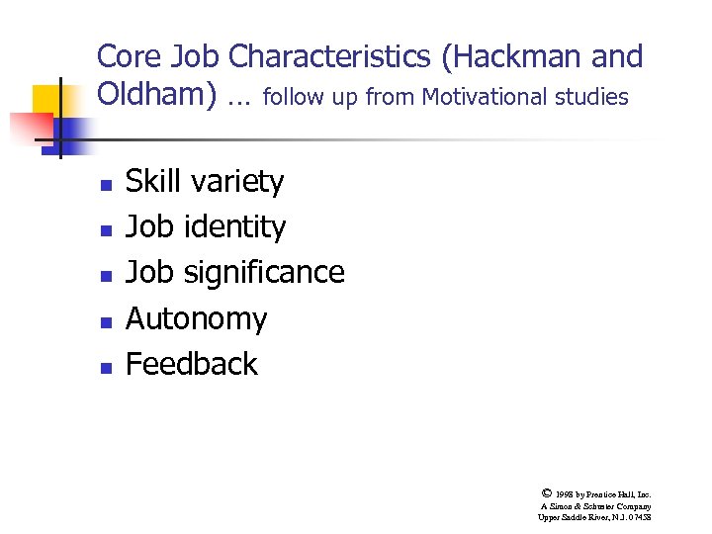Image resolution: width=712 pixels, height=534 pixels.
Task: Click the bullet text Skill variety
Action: pyautogui.click(x=205, y=181)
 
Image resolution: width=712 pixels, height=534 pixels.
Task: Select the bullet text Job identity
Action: pyautogui.click(x=206, y=226)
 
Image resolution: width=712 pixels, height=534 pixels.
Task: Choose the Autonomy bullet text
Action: pyautogui.click(x=196, y=318)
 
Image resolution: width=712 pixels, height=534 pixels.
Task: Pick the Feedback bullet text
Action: pyautogui.click(x=192, y=364)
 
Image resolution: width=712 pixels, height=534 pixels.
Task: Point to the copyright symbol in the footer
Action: pyautogui.click(x=547, y=491)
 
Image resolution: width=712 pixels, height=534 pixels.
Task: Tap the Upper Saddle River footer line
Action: pyautogui.click(x=594, y=517)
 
